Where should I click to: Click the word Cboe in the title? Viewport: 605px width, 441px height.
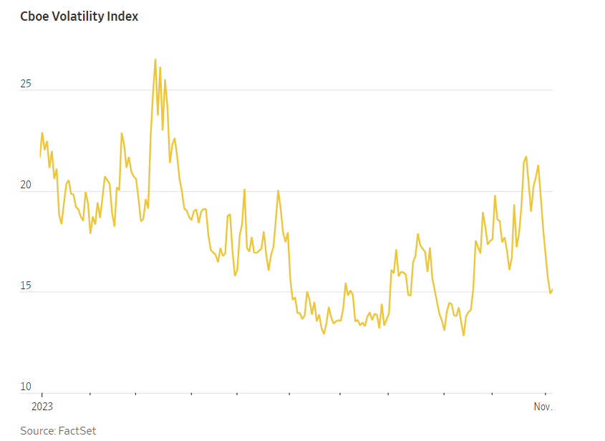(x=35, y=16)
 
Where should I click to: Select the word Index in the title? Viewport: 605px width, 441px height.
(x=123, y=16)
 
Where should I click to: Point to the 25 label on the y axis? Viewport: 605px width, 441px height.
(x=26, y=84)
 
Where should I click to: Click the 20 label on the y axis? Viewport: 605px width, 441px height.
(x=26, y=185)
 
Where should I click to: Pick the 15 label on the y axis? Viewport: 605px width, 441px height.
(x=26, y=286)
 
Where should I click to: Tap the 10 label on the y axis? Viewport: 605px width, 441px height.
(x=26, y=387)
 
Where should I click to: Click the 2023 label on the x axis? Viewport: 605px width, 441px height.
(x=42, y=406)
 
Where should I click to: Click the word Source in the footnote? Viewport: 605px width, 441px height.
(x=37, y=430)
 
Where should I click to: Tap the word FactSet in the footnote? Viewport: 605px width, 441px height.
(x=77, y=430)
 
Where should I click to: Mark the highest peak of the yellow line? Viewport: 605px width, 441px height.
(x=155, y=59)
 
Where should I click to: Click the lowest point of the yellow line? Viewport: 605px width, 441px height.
(x=463, y=335)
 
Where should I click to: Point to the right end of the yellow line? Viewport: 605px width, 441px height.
(x=552, y=289)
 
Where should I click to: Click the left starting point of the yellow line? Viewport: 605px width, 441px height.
(x=40, y=156)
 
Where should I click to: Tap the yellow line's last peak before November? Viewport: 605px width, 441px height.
(x=538, y=165)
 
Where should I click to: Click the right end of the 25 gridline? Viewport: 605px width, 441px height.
(x=552, y=90)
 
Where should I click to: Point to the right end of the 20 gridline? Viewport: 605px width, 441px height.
(x=552, y=191)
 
